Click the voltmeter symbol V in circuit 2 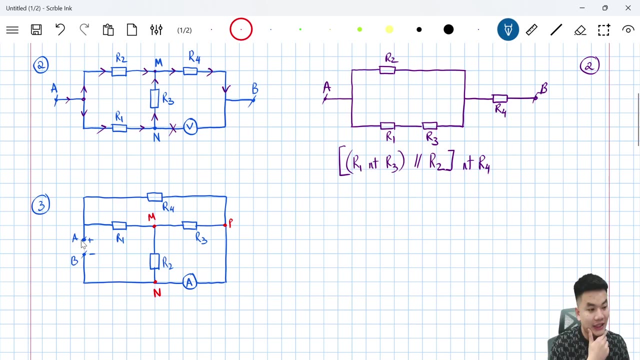coord(190,127)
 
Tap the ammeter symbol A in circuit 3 coord(189,282)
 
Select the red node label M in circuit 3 coord(151,217)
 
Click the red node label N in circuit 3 coord(157,293)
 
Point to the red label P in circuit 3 coord(230,223)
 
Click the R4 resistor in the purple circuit coord(499,98)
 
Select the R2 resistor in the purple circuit coord(387,70)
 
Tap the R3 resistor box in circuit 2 coord(154,98)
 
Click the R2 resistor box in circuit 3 coord(154,261)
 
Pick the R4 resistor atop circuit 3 coord(154,197)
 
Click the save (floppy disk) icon coord(36,30)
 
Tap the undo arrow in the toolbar coord(60,30)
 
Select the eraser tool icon coord(580,30)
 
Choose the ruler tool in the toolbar coord(531,30)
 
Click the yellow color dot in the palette coord(389,30)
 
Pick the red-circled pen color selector coord(241,30)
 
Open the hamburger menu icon coord(12,30)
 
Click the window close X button coord(628,8)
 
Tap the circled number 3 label coord(40,205)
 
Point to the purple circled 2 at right coord(589,65)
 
